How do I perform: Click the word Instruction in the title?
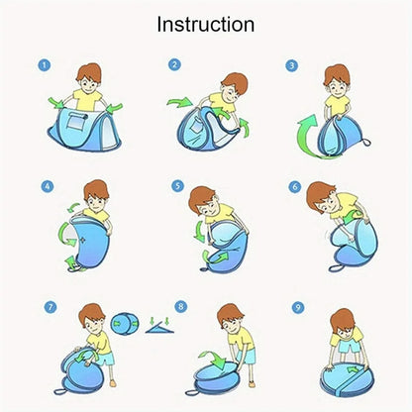coord(206,25)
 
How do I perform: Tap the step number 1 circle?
coord(45,65)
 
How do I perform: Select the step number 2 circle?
coord(174,64)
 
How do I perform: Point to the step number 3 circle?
coord(291,65)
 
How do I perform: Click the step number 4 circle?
coord(48,186)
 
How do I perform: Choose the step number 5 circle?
coord(177,186)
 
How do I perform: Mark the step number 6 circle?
coord(295,187)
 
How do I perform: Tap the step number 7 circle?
coord(51,307)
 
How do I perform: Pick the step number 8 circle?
coord(180,307)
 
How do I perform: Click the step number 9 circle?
coord(298,308)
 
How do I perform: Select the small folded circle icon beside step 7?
coord(125,324)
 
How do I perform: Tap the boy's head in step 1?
coord(88,78)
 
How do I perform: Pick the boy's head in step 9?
coord(343,323)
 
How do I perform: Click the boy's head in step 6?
coord(321,197)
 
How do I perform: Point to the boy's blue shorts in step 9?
coord(350,347)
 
